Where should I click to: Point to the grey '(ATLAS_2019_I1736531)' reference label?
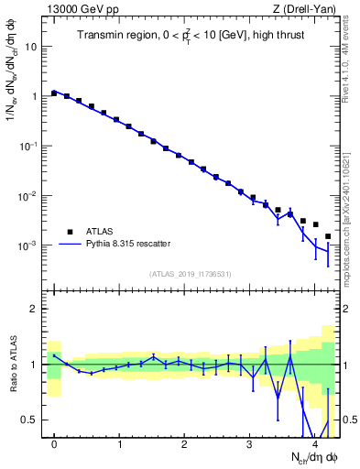pyautogui.click(x=191, y=273)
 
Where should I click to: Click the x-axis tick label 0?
pyautogui.click(x=55, y=444)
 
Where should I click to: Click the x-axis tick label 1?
pyautogui.click(x=120, y=444)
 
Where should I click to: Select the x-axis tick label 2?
pyautogui.click(x=185, y=444)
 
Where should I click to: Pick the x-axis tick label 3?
pyautogui.click(x=250, y=444)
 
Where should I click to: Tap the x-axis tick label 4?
pyautogui.click(x=315, y=444)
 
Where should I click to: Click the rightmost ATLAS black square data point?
pyautogui.click(x=328, y=236)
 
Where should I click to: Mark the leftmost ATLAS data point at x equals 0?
pyautogui.click(x=55, y=93)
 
